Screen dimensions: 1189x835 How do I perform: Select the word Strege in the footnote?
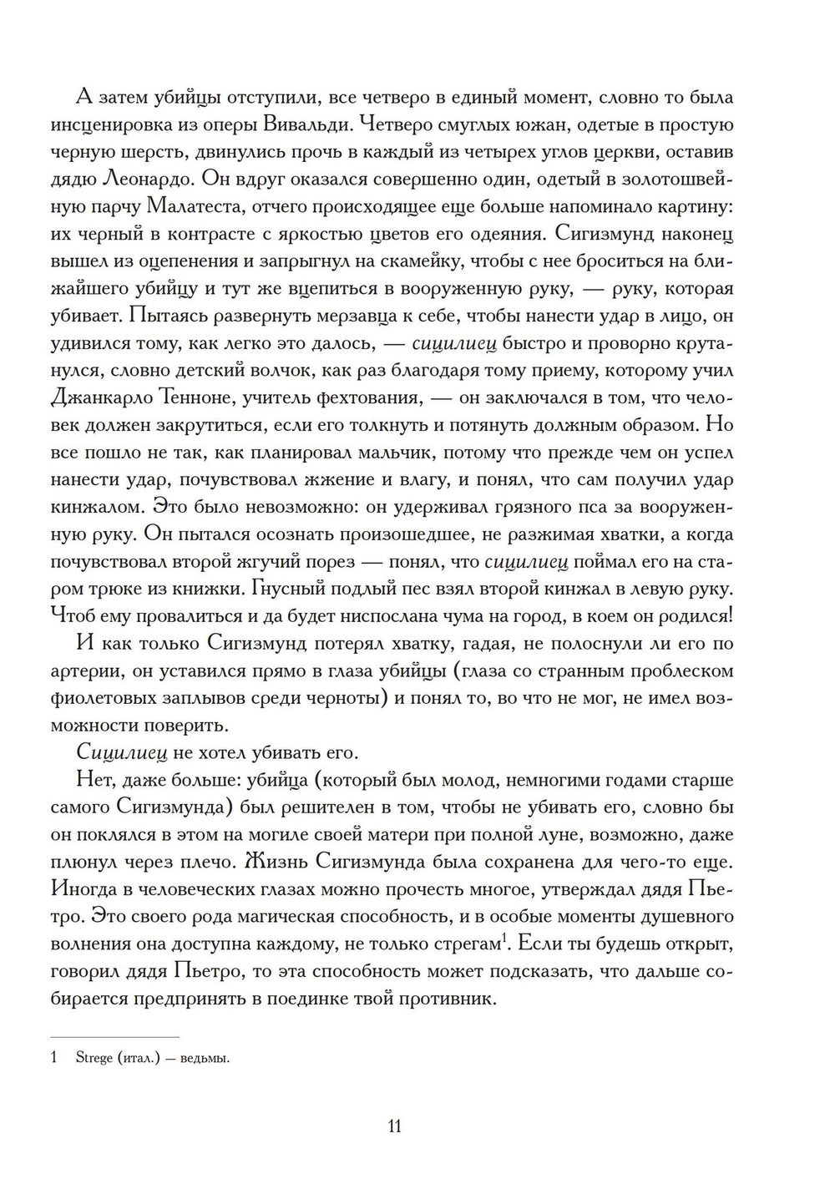point(94,1059)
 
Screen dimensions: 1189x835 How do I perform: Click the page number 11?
point(395,1126)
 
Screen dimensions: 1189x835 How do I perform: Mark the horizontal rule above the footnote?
point(114,1036)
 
